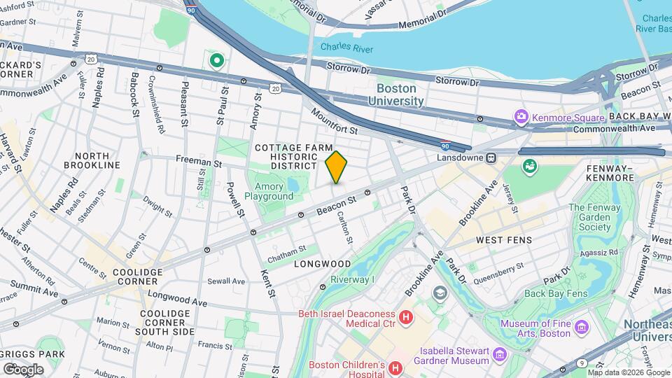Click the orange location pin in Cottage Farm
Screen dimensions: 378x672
[336, 167]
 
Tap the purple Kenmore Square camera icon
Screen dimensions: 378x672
[520, 115]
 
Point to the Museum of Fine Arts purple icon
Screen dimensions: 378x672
[580, 327]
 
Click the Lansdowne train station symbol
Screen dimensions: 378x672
[491, 157]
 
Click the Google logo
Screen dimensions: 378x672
[23, 369]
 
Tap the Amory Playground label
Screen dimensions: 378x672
[268, 191]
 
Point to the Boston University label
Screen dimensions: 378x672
[400, 94]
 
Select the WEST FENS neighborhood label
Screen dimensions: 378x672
[504, 240]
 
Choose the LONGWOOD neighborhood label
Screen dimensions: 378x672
[322, 264]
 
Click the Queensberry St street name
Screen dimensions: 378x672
[500, 266]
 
